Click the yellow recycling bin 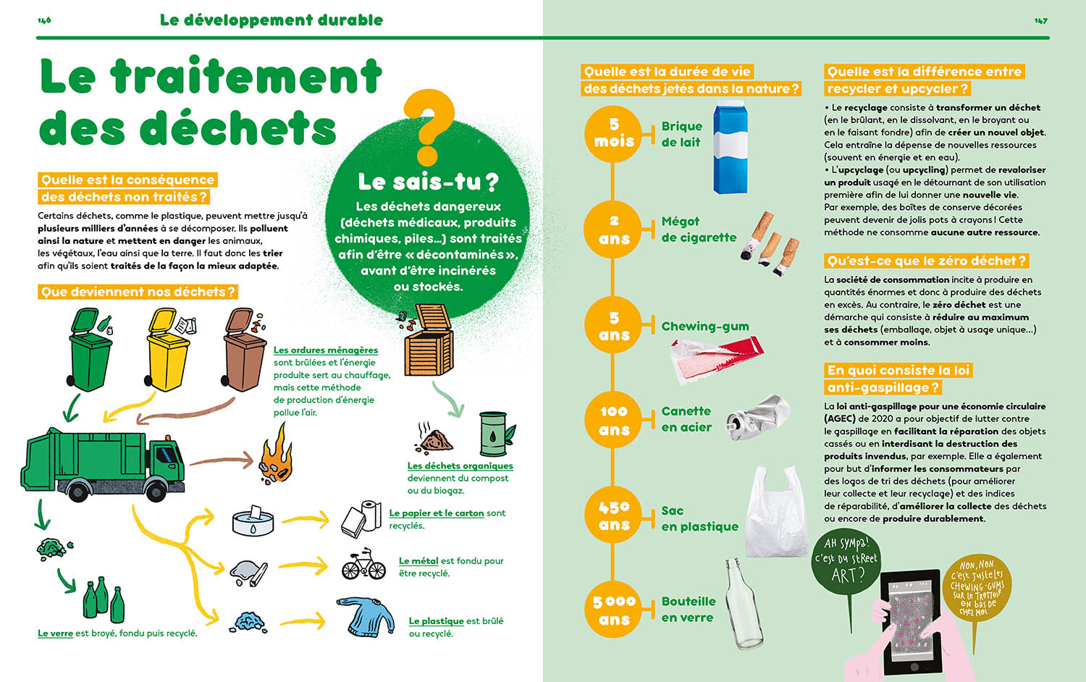(x=167, y=351)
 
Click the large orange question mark (x=429, y=127)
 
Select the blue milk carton (x=730, y=148)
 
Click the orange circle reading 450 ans (x=614, y=515)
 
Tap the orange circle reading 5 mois (x=614, y=132)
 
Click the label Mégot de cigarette (x=698, y=230)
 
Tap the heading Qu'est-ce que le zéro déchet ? (x=926, y=261)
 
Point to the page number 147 (x=1040, y=20)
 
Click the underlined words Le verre (x=55, y=633)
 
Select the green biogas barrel (x=494, y=434)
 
